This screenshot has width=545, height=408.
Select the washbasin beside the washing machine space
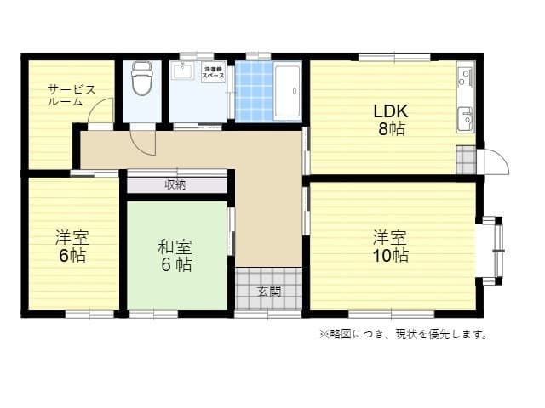[x=184, y=73]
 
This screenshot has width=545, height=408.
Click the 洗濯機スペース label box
[x=213, y=73]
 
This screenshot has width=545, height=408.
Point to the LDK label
[x=391, y=111]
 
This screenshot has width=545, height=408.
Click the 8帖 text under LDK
[x=391, y=129]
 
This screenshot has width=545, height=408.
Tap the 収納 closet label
[x=176, y=184]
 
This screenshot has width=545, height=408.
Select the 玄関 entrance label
[x=268, y=291]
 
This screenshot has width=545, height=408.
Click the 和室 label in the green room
[x=175, y=246]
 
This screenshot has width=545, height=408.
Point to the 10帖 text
[x=391, y=255]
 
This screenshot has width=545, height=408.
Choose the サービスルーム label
[x=72, y=95]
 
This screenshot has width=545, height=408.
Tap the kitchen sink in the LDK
[x=465, y=120]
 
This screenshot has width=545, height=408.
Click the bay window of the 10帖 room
[x=491, y=251]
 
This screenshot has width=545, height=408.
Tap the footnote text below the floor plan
[x=403, y=334]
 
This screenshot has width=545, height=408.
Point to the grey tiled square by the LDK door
[x=466, y=160]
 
